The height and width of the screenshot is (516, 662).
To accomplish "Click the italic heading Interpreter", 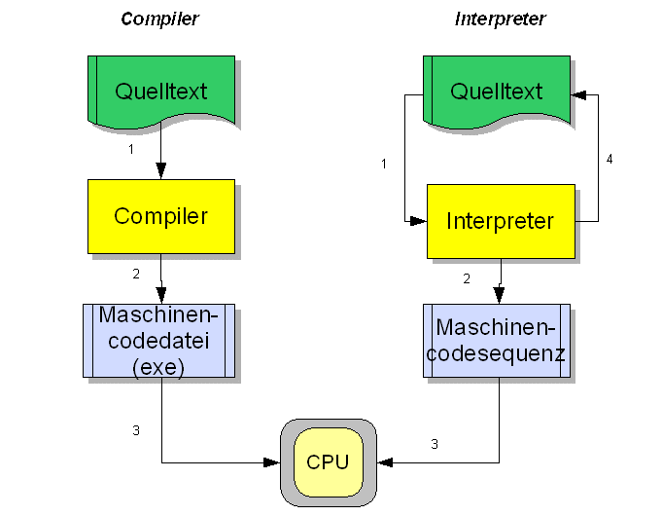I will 500,19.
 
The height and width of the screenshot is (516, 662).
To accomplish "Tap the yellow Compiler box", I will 161,216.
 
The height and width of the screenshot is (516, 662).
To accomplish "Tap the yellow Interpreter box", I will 501,221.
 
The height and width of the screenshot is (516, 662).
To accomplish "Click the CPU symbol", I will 328,462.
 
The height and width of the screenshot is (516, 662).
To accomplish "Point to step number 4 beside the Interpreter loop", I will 610,159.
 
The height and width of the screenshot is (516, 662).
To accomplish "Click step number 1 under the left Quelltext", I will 130,150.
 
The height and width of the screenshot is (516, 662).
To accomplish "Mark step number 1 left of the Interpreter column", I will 384,163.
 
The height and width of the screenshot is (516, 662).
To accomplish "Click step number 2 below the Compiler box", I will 136,274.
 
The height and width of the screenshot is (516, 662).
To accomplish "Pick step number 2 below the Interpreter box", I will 467,279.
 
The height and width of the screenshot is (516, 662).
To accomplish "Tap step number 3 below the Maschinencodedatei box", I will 136,430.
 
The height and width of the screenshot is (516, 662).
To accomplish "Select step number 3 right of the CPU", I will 435,444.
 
